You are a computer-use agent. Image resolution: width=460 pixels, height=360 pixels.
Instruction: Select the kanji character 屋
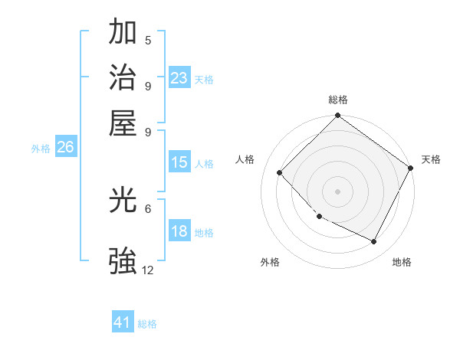tap(123, 123)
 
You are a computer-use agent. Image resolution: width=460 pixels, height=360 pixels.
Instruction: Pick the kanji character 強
tap(123, 260)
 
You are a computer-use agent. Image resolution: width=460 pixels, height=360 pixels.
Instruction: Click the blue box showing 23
tap(179, 78)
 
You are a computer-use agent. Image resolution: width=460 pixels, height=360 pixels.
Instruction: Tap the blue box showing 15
tap(179, 162)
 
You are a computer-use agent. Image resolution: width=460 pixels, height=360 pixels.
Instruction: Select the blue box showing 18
tap(179, 232)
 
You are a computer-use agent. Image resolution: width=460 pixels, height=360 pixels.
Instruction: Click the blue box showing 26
tap(65, 148)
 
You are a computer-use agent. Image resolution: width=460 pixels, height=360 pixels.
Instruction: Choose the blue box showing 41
tap(123, 322)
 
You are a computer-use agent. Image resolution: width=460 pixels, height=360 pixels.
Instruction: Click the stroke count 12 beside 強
tap(148, 270)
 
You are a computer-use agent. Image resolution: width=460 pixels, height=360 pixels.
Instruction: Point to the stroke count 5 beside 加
tap(148, 40)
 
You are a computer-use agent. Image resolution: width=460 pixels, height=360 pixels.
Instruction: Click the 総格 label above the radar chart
tap(338, 100)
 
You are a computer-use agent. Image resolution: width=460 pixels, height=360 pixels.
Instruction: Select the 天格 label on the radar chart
tap(431, 159)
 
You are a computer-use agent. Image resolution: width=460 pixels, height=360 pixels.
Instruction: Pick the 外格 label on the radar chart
tap(270, 262)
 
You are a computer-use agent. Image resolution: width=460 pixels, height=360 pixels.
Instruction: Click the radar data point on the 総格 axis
tap(337, 116)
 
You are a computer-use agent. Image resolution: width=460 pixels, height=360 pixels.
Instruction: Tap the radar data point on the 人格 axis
tap(280, 172)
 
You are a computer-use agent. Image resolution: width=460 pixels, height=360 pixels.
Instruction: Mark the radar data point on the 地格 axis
tap(374, 241)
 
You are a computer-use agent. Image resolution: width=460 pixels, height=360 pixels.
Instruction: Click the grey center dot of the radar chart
tap(337, 191)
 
